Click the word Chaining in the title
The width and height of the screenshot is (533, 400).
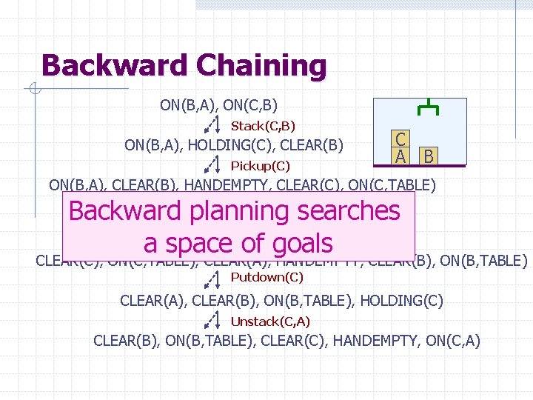[261, 66]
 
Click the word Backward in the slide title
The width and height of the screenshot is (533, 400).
[115, 65]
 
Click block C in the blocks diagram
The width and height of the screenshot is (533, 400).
[400, 139]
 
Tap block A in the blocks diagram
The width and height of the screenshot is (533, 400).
[400, 156]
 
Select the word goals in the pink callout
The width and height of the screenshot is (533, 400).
[290, 243]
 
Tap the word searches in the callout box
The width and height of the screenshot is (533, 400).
[349, 211]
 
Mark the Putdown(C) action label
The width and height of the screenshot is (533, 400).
[266, 278]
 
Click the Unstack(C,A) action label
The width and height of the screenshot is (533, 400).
[270, 321]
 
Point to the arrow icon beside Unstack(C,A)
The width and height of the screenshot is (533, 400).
[212, 320]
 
